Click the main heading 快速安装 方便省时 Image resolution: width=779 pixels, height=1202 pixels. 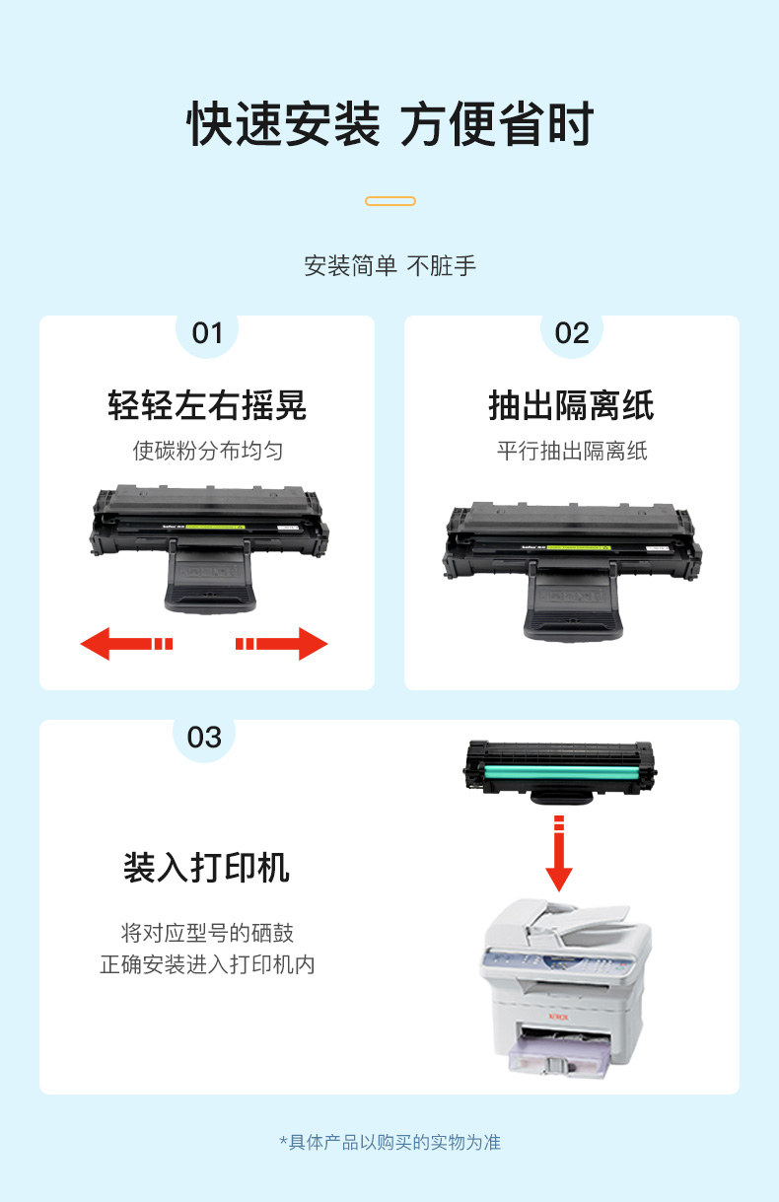coord(390,124)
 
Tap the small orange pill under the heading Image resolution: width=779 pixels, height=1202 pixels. coord(390,201)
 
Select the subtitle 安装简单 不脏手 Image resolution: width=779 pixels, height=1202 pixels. coord(390,266)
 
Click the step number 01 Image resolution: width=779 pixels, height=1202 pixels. coord(207,333)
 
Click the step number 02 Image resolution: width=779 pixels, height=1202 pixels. coord(572,333)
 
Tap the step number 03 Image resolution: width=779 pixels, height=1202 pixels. coord(204,738)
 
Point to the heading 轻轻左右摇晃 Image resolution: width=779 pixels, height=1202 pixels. coord(207,405)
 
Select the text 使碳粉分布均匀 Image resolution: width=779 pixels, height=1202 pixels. coord(208,451)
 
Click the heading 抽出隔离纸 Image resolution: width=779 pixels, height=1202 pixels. coord(571,405)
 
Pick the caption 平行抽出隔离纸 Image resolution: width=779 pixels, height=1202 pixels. coord(572,451)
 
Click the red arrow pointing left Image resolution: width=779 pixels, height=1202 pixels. coord(126,643)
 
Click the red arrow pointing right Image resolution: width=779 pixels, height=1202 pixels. coord(282,643)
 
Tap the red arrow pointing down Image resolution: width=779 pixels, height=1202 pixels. coord(559,853)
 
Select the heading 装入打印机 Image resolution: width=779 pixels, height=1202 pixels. coord(206,868)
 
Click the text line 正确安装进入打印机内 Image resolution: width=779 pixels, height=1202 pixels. coord(207,964)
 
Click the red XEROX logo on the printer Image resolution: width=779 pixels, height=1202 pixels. coord(558,1017)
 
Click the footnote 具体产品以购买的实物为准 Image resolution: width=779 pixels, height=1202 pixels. coord(394,1142)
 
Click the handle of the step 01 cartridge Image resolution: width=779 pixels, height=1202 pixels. coord(210,579)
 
